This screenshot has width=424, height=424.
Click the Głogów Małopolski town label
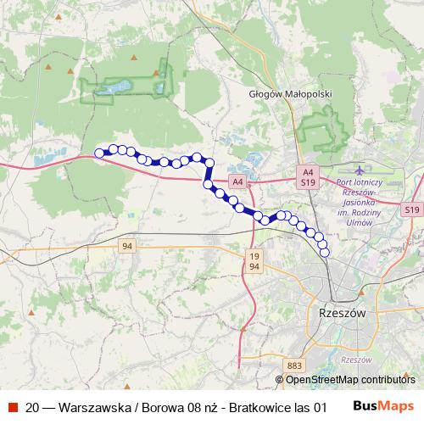pyautogui.click(x=284, y=94)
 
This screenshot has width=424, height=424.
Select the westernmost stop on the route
pyautogui.click(x=99, y=153)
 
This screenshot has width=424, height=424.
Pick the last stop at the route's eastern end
pyautogui.click(x=323, y=252)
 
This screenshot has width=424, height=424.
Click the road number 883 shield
pyautogui.click(x=294, y=365)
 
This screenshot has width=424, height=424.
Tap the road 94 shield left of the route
pyautogui.click(x=127, y=246)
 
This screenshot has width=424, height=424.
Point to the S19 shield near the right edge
pyautogui.click(x=412, y=209)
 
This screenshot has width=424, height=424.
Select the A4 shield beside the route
pyautogui.click(x=237, y=181)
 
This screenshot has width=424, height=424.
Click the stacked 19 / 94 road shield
pyautogui.click(x=254, y=260)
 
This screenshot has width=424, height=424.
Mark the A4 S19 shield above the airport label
pyautogui.click(x=307, y=176)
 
